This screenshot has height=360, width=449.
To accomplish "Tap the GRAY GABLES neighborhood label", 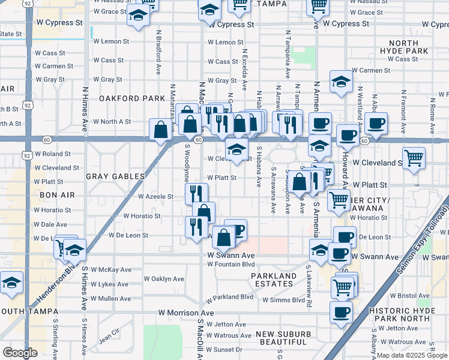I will pos(115,176).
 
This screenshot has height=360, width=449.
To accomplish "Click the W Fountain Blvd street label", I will pos(232,265).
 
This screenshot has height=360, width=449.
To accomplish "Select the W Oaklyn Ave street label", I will pos(164,279).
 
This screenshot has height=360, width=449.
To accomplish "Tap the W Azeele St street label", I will pos(155,196).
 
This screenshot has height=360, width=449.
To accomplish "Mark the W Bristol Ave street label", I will pos(410,296).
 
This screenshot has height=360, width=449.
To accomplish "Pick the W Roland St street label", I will pos(57,154).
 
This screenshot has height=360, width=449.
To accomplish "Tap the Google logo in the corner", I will pos(20,353).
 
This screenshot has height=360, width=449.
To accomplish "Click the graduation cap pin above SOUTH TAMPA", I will pos(11,282).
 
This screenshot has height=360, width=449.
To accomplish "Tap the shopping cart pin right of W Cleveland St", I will pos(414,159).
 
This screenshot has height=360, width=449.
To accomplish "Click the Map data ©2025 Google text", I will pos(412,355).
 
